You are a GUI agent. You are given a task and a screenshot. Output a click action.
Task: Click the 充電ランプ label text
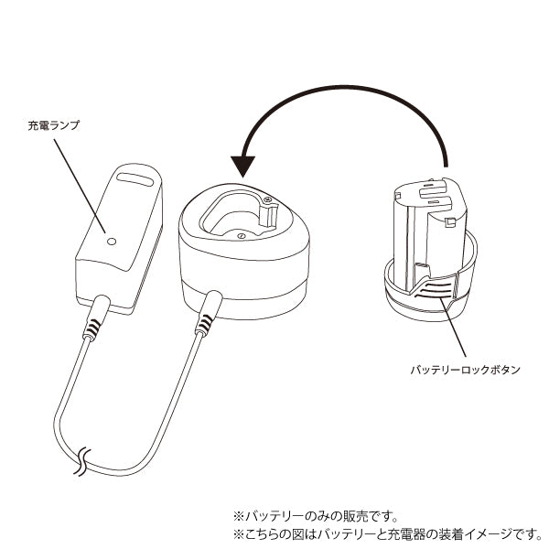(x=54, y=124)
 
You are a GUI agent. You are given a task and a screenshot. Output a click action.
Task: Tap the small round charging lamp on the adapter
(x=112, y=242)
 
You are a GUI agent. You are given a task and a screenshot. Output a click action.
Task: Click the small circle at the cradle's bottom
(x=240, y=235)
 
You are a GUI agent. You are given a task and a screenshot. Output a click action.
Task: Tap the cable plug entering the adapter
(x=94, y=321)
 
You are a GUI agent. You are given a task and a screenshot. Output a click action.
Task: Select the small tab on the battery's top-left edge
(x=399, y=194)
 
